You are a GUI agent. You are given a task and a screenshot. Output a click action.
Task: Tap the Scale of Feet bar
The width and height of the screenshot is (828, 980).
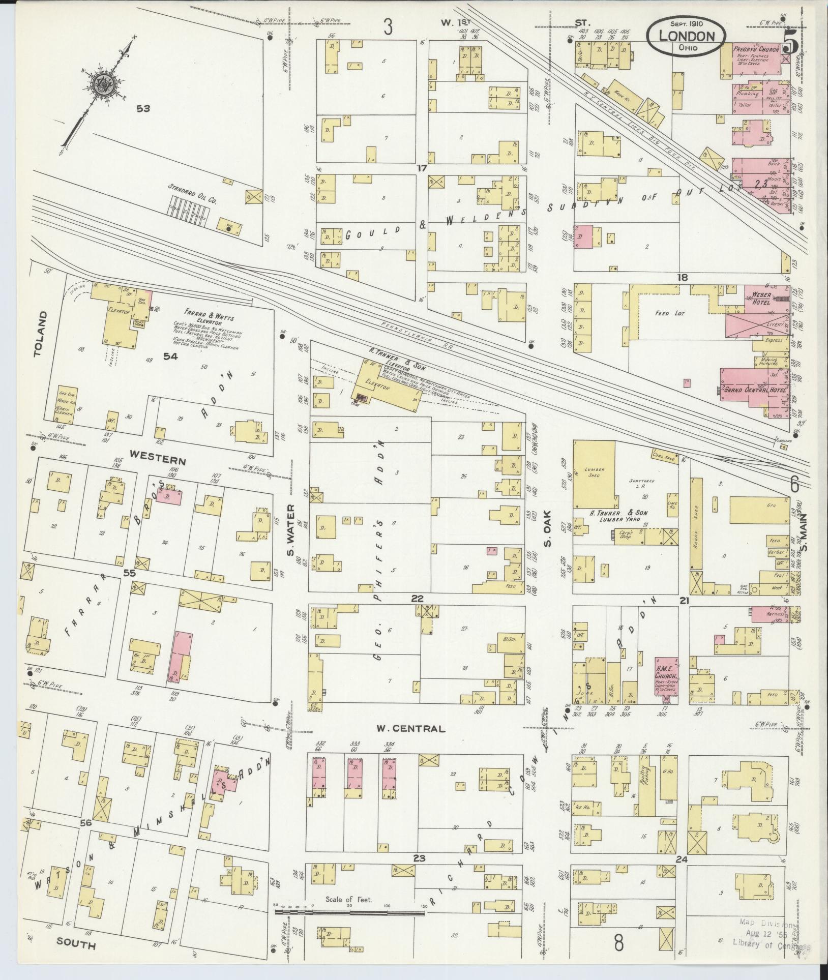pos(349,913)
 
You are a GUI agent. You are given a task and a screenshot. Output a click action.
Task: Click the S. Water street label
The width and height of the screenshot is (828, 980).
pos(292,535)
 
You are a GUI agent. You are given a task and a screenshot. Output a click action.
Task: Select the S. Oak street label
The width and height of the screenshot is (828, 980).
pos(547,536)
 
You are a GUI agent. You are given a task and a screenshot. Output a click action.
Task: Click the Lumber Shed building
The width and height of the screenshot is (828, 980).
pos(594,474)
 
